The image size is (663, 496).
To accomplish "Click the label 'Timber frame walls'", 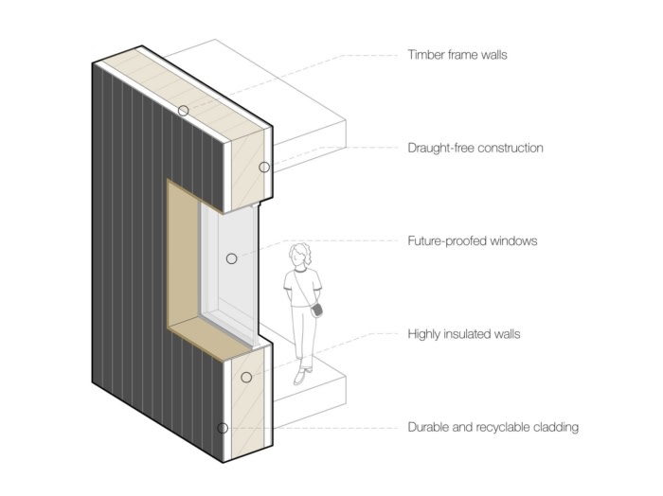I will [457, 55].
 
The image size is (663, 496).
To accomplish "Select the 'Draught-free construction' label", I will [475, 148].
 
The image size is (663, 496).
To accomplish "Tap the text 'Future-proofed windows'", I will [472, 241].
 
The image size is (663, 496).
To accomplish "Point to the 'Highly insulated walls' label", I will [463, 334].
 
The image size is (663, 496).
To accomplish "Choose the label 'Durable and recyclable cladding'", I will [493, 427].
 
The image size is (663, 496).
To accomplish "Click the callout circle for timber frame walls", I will [183, 111].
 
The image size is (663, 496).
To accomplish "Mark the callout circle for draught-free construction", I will [264, 167].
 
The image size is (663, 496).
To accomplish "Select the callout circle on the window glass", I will [231, 257].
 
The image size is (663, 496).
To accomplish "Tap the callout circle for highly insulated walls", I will [246, 377].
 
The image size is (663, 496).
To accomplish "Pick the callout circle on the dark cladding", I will [223, 428].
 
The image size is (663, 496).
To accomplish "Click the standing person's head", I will [301, 255].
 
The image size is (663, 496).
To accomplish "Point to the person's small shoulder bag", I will [318, 309].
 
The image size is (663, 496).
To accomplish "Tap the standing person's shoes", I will [300, 377].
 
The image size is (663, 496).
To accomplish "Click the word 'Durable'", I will [430, 427].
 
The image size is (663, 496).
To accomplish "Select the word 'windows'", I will [513, 241].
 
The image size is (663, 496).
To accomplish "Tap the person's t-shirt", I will [304, 283].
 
